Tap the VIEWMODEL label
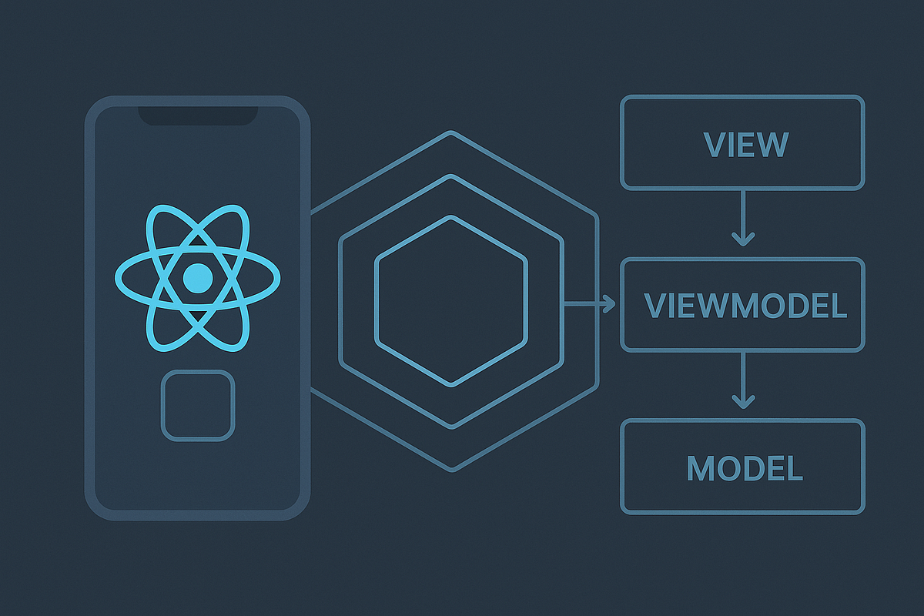click(745, 306)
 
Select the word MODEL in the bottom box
click(745, 467)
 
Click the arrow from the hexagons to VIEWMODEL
click(589, 305)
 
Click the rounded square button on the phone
click(198, 406)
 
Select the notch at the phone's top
click(198, 115)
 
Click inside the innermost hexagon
click(451, 301)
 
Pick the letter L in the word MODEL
click(795, 467)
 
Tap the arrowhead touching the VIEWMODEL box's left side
click(610, 305)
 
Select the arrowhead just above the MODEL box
click(742, 400)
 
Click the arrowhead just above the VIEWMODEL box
click(742, 239)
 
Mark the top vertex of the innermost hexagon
click(451, 216)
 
